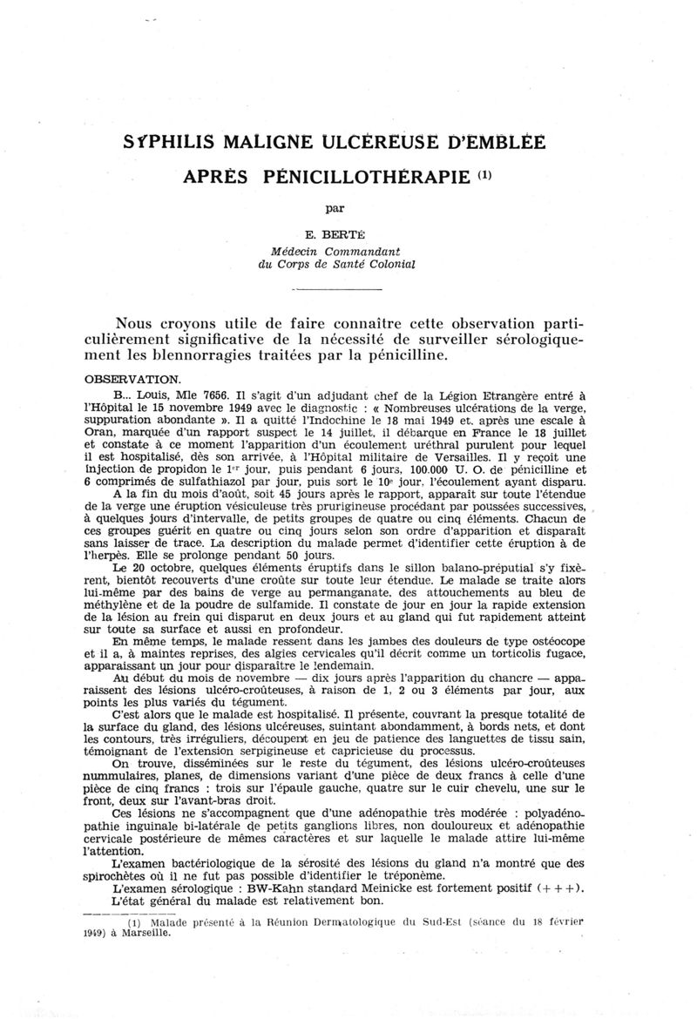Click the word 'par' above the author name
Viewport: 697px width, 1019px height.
tap(335, 209)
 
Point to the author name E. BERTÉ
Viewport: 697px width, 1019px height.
tap(335, 235)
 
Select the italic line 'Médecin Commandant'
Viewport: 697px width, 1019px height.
tap(335, 251)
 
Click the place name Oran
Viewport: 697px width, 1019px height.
tap(112, 433)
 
